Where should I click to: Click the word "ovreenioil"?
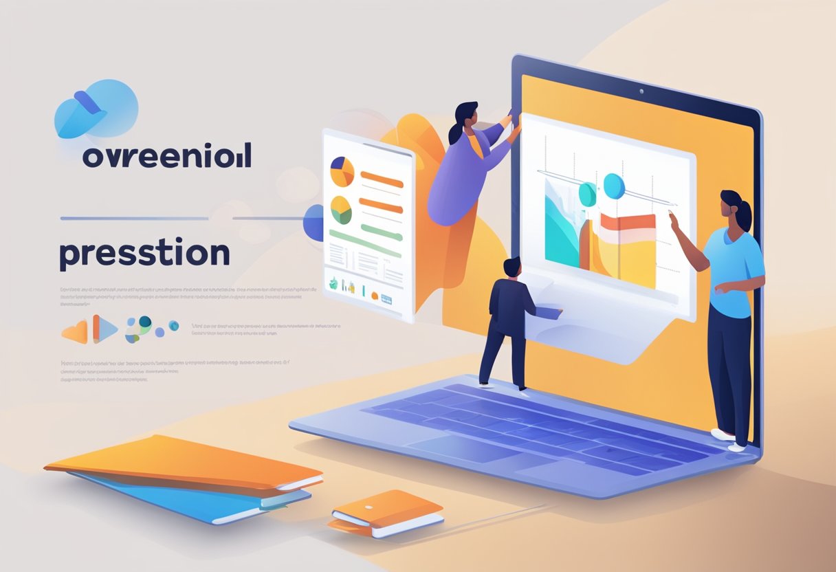point(166,156)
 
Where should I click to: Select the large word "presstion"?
point(144,254)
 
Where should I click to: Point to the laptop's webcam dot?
point(640,91)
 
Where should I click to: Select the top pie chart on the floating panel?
point(342,172)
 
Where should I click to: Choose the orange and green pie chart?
point(341,210)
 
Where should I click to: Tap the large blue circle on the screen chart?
point(614,186)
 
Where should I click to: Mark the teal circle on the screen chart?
point(588,194)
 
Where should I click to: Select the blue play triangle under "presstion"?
point(104,329)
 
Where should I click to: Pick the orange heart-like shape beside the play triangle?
point(76,331)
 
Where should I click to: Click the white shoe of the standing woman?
point(723,434)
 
